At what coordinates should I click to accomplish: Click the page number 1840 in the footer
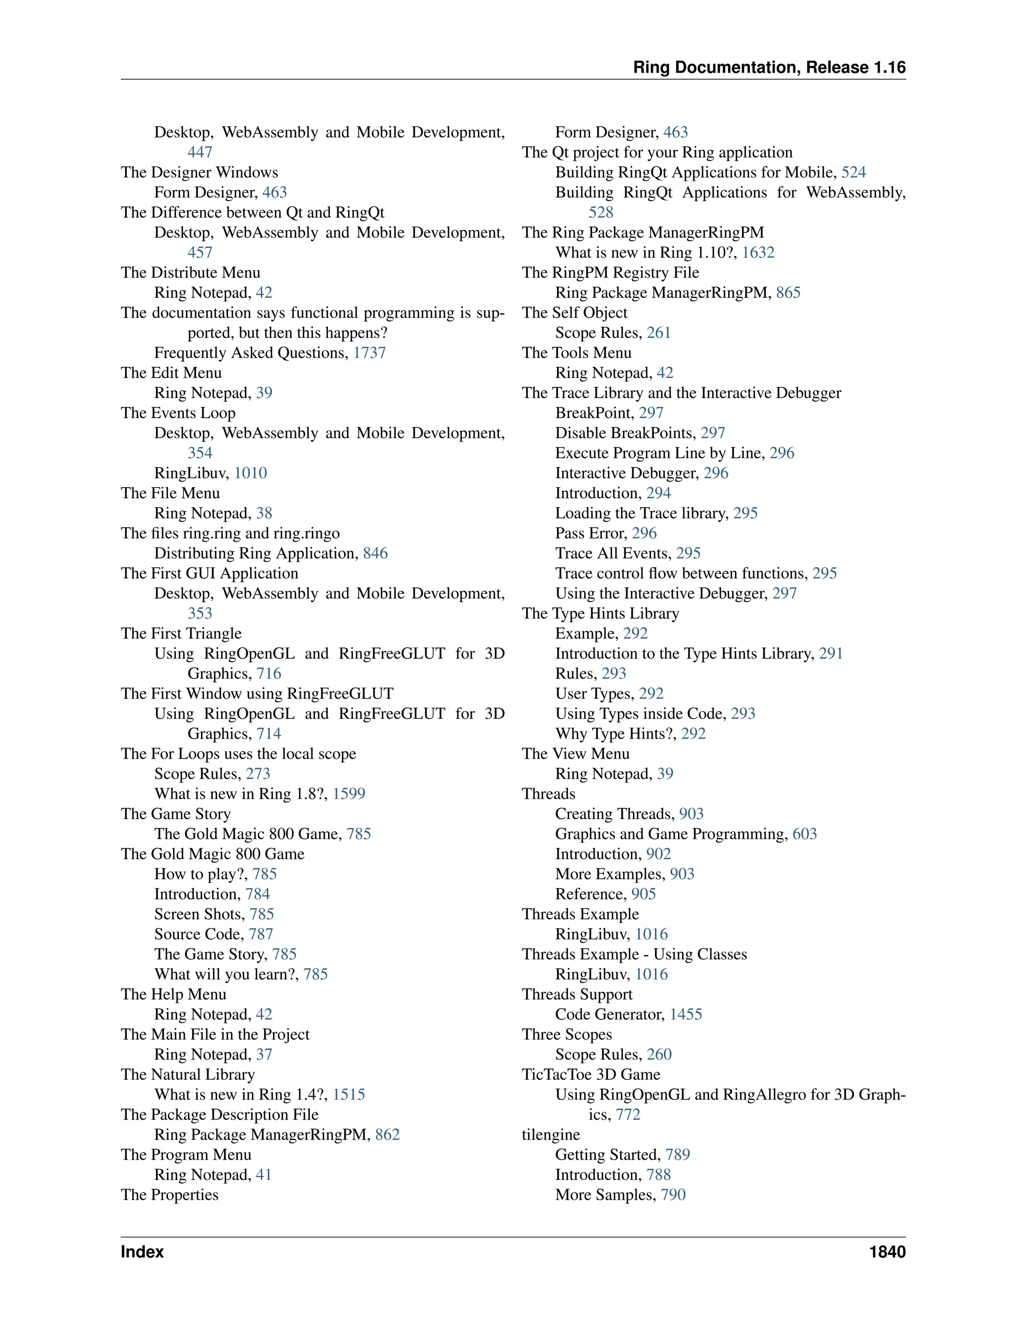coord(887,1252)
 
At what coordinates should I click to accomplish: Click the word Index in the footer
coord(142,1252)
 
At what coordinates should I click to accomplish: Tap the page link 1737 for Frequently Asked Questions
coord(369,353)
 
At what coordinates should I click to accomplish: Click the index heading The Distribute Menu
coord(191,273)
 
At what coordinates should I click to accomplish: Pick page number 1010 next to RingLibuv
coord(251,473)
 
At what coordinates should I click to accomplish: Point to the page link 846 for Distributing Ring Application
coord(376,553)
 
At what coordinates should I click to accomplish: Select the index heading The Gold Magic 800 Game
coord(212,854)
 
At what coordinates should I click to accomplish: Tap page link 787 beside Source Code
coord(261,934)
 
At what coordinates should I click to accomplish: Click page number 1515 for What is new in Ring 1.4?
coord(349,1094)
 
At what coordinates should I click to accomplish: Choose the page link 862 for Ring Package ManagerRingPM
coord(388,1135)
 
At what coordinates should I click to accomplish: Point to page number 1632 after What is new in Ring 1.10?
coord(758,253)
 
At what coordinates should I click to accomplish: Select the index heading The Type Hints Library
coord(600,613)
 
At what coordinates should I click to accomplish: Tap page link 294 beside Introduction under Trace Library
coord(659,493)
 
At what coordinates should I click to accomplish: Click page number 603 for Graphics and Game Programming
coord(804,834)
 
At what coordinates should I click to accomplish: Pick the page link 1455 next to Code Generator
coord(686,1014)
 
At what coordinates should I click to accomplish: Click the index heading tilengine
coord(551,1135)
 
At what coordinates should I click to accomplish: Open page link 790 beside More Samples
coord(673,1195)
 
